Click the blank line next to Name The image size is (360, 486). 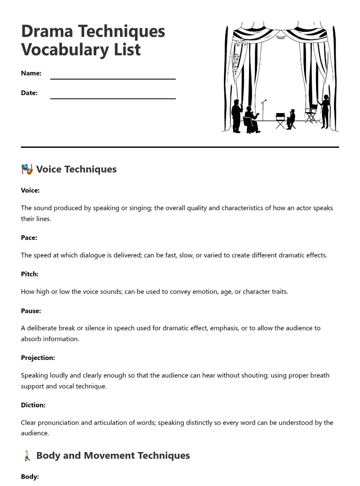(113, 79)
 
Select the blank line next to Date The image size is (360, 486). (113, 98)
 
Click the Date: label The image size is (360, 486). (29, 93)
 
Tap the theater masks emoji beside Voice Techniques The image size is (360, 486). (27, 169)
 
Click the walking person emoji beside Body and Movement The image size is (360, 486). (27, 456)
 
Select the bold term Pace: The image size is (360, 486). (29, 238)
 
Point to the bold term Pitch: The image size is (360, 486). (30, 274)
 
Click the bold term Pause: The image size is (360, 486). (31, 311)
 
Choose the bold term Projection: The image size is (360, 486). (38, 358)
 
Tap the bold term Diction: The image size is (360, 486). (33, 405)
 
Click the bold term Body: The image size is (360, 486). (30, 476)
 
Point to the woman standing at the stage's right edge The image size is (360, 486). (325, 112)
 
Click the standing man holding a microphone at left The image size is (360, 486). (237, 116)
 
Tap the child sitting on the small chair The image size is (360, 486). (291, 119)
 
